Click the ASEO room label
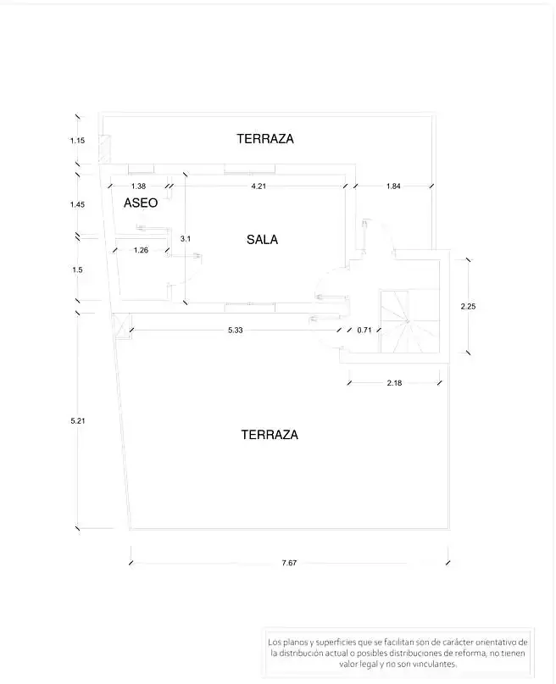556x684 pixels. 141,203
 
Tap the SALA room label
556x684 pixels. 262,240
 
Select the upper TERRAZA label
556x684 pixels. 265,139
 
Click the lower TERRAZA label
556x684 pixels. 270,435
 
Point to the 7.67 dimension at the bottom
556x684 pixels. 289,563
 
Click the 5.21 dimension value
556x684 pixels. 78,421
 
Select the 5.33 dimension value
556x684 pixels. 235,331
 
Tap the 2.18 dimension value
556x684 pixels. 394,383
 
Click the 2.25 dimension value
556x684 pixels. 468,307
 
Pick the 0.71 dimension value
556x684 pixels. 364,331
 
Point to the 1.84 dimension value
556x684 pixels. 393,186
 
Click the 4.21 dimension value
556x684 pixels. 259,186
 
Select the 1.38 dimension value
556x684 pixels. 138,186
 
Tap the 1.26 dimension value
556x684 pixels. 141,250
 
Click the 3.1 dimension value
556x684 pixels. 186,239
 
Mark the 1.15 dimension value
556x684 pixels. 77,141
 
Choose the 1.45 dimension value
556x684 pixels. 77,204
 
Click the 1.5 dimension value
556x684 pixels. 77,270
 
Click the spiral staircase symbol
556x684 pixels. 409,321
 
